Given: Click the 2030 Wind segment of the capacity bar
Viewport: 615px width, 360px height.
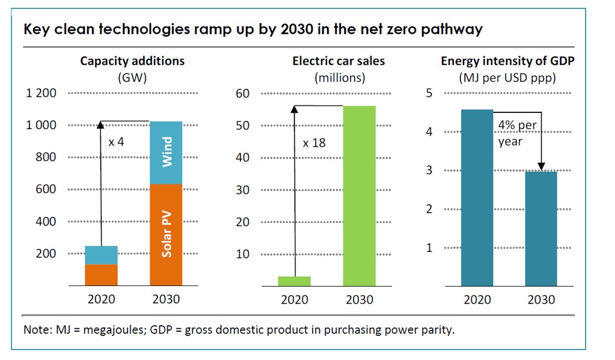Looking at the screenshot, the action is (166, 153).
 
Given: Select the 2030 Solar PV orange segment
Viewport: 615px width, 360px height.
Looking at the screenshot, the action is (166, 234).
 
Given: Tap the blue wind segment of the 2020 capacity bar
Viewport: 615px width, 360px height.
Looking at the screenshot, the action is (101, 255).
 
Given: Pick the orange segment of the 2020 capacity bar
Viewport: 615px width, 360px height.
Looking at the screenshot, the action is (101, 275).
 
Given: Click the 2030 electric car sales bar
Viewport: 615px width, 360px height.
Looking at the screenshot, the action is (360, 196).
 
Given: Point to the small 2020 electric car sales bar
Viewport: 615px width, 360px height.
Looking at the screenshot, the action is (295, 281).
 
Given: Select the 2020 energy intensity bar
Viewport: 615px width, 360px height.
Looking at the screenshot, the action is (477, 198).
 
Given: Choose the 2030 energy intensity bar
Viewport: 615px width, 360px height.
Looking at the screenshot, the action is (541, 228).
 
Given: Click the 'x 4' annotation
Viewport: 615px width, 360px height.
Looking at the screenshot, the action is (116, 142).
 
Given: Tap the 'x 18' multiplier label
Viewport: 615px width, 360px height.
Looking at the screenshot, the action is (314, 143).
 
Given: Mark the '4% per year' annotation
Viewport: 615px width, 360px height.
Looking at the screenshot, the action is (518, 133).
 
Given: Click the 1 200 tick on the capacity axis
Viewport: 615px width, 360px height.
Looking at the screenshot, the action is (41, 93).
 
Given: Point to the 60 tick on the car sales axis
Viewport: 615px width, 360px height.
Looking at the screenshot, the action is (242, 93).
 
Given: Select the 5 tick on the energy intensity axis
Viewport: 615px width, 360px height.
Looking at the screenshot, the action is (429, 93).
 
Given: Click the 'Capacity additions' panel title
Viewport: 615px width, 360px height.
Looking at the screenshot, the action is (132, 61).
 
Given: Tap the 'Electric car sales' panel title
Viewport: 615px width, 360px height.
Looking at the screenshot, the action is (338, 61).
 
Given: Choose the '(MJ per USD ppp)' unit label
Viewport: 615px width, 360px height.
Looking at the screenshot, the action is (507, 78).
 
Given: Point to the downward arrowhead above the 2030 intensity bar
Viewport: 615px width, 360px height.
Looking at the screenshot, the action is (541, 167).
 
